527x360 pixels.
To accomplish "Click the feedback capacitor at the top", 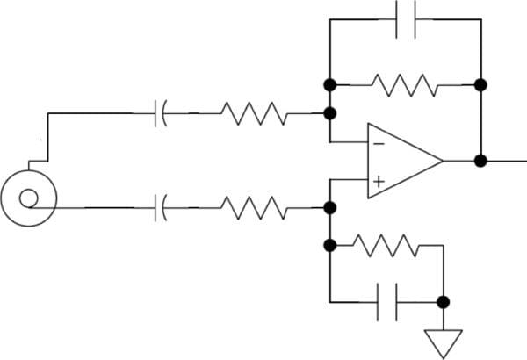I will [406, 18].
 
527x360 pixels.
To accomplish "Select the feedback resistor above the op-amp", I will [406, 85].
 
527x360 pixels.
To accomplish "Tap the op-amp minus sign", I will [377, 142].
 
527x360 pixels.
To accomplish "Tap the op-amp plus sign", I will [377, 182].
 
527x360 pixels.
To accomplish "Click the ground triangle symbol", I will [444, 342].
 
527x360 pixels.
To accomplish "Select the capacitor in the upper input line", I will [161, 113].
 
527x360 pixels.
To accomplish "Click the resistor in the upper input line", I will [252, 113].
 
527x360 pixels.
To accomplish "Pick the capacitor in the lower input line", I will [161, 208].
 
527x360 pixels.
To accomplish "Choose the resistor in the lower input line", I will [252, 208].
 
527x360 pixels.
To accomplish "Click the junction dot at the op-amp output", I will [480, 161].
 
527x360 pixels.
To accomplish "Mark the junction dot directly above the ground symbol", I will [444, 302].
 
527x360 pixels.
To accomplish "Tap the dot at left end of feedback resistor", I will [331, 85].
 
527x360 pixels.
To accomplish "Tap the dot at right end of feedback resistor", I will [480, 85].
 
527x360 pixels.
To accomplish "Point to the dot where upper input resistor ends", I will [331, 113].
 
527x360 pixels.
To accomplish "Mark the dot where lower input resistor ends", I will [331, 208].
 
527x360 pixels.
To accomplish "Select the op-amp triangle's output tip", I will [442, 161].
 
